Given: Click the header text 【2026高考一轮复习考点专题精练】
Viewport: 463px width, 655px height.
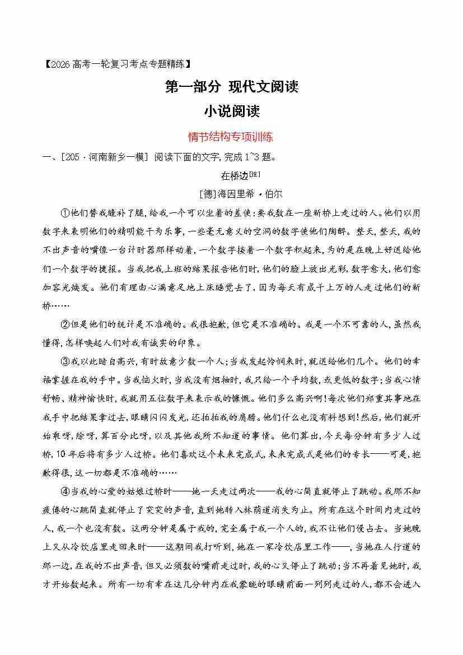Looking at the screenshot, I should click(112, 65).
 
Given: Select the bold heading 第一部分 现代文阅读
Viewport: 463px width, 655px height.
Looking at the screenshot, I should click(231, 87).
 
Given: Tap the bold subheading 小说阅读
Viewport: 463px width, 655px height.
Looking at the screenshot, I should click(231, 111).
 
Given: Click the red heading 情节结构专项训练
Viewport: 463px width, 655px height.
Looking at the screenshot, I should click(231, 136).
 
